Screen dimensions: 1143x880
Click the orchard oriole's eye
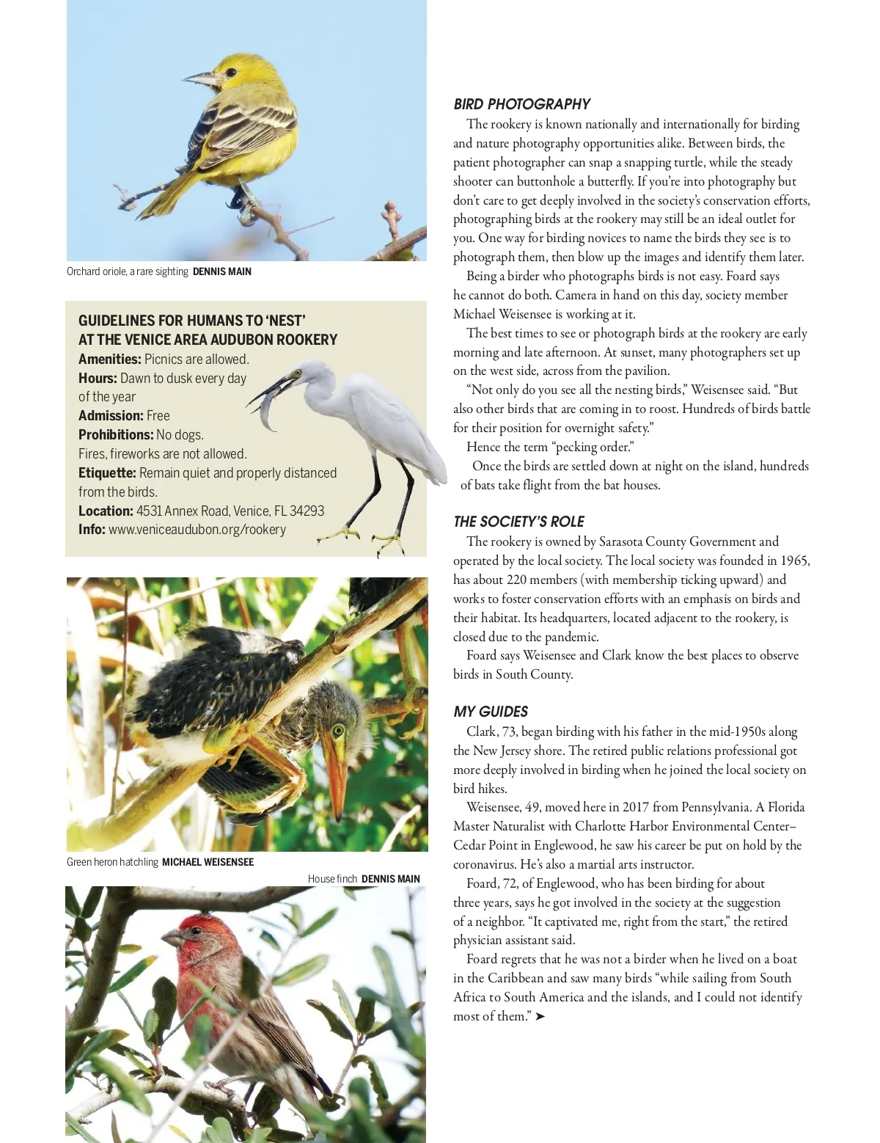(230, 72)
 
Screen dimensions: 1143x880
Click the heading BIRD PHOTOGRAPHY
(521, 104)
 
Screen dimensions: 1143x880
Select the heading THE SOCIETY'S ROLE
(518, 522)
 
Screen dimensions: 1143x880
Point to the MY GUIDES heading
(491, 712)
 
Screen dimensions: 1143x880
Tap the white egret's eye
(298, 373)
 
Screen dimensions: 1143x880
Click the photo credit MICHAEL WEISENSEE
(208, 862)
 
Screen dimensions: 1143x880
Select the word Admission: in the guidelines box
(111, 416)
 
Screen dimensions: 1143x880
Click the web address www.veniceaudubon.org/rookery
(197, 530)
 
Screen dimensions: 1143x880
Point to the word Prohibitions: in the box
(116, 435)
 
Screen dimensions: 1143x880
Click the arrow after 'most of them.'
(540, 1017)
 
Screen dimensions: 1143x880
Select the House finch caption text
(332, 879)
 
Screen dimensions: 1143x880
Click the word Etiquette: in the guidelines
(107, 473)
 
